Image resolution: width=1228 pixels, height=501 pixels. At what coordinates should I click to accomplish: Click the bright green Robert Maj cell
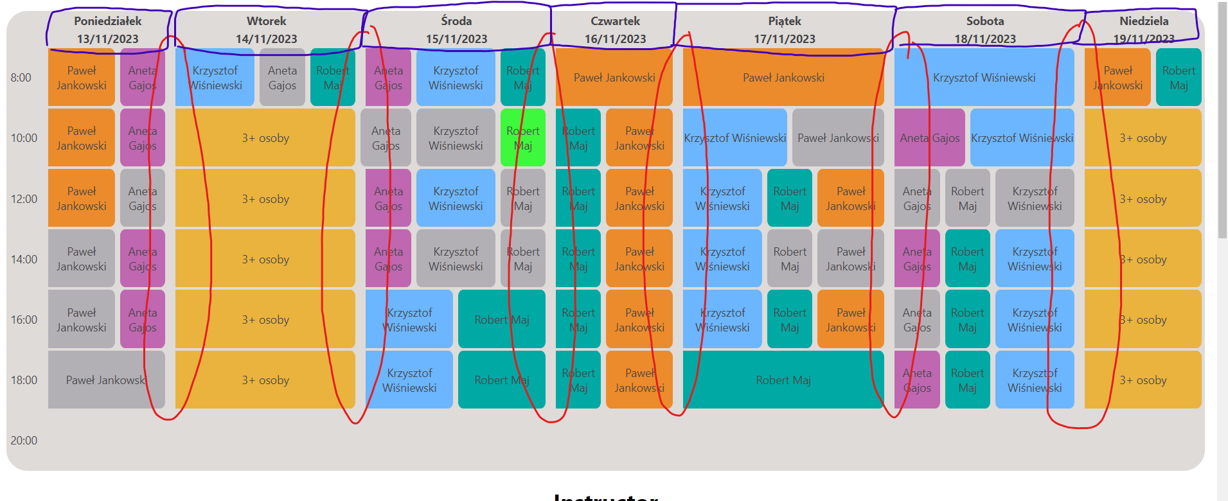tap(522, 137)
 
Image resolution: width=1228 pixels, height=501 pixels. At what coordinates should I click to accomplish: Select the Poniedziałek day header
tap(107, 21)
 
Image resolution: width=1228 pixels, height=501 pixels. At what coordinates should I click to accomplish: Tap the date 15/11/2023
tap(456, 39)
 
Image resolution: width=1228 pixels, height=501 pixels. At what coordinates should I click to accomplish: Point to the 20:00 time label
tap(24, 441)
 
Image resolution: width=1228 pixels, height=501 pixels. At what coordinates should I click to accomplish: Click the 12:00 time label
tap(24, 199)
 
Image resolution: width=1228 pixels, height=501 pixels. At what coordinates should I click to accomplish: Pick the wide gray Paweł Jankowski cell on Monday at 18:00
tap(106, 380)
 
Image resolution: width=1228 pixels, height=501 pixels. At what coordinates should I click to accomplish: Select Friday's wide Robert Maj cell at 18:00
tap(783, 380)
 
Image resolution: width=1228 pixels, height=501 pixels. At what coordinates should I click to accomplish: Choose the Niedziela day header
tap(1144, 21)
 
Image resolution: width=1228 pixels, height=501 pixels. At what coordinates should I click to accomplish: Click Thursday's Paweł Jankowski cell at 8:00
tap(614, 77)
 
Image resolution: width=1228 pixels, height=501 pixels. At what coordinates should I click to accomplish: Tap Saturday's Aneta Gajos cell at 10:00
tap(929, 137)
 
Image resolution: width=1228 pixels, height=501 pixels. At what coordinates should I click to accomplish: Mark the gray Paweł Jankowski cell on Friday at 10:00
tap(838, 137)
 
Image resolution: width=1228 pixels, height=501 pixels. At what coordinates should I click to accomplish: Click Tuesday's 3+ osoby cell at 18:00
tap(265, 380)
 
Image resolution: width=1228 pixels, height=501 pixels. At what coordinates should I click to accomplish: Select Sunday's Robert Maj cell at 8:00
tap(1179, 77)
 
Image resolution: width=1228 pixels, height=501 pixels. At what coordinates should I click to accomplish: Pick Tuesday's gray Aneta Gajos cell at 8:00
tap(282, 77)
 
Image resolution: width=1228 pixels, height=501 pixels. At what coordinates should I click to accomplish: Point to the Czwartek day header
tap(615, 21)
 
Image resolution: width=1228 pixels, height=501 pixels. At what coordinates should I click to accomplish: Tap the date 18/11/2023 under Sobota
tap(985, 39)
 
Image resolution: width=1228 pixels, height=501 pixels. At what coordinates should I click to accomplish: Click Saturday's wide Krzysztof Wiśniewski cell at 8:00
tap(984, 77)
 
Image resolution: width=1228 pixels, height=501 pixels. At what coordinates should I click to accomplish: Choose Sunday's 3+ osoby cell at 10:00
tap(1143, 137)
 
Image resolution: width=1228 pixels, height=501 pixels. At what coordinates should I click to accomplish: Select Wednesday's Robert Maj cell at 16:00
tap(501, 319)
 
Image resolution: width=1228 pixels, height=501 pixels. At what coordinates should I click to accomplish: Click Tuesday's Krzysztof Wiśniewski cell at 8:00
tap(215, 77)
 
